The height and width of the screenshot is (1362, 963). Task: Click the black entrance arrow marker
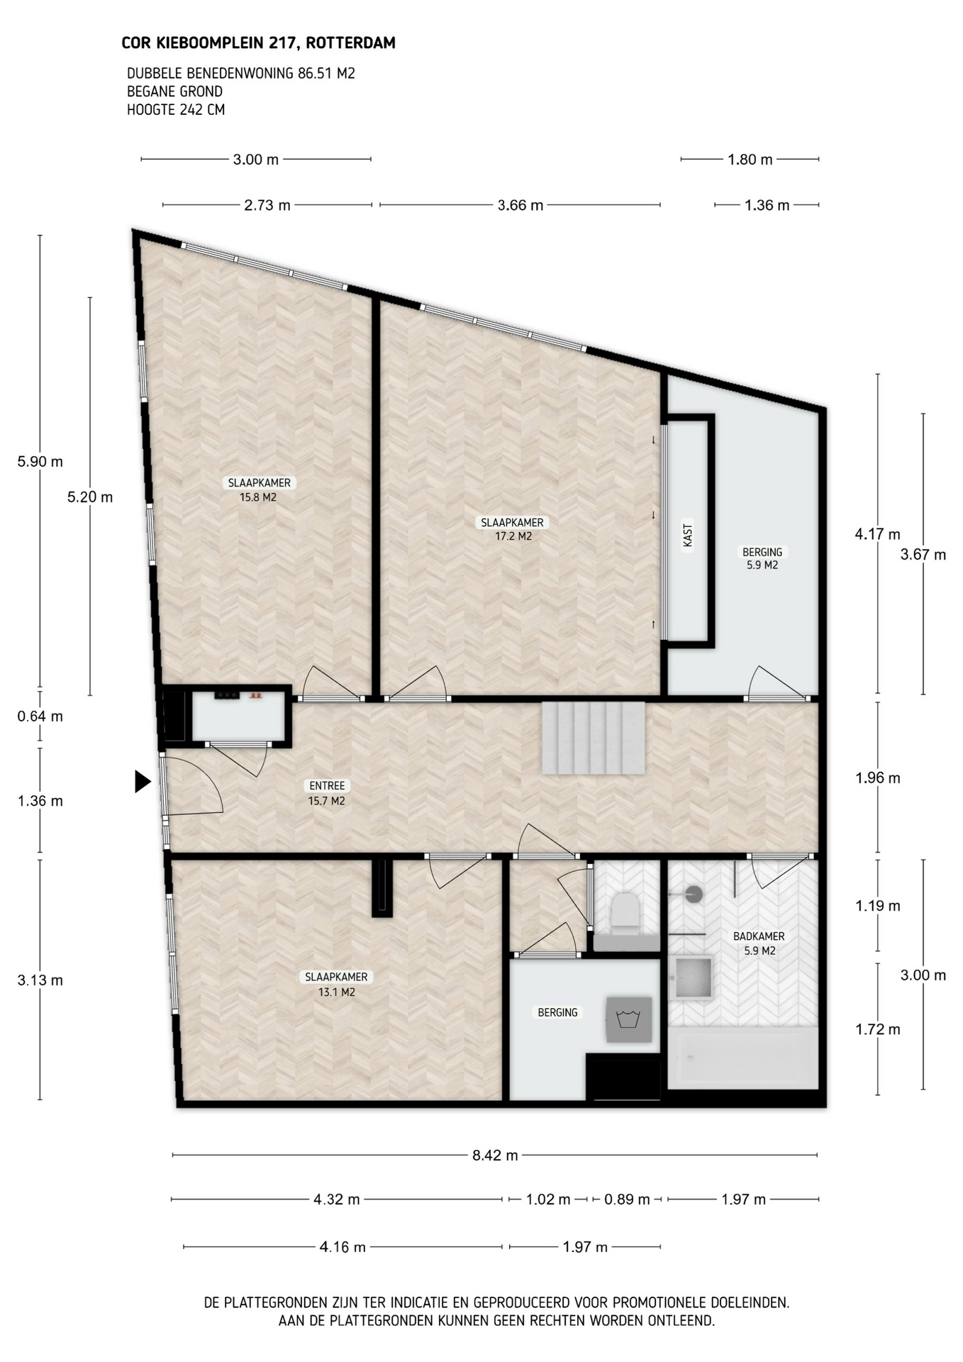(x=143, y=782)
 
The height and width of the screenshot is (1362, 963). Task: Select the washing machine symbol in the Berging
(x=628, y=1019)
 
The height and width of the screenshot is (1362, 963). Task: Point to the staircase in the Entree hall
(x=594, y=738)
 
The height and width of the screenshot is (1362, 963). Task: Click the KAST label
(x=687, y=535)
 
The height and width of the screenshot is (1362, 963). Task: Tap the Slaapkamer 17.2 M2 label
(x=513, y=529)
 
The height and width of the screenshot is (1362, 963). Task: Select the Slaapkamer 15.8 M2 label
(x=259, y=489)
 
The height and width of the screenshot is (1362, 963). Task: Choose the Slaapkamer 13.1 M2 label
(x=336, y=984)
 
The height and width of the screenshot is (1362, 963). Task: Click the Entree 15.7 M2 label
(x=327, y=793)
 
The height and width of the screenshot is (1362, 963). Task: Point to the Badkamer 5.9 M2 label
(x=759, y=943)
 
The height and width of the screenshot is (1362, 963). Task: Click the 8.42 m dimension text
(x=495, y=1155)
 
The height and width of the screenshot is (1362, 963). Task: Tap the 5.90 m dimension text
(x=40, y=462)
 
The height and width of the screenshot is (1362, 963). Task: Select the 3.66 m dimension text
(x=521, y=205)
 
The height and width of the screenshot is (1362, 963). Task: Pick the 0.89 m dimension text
(x=627, y=1200)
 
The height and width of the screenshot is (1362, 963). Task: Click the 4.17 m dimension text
(x=878, y=534)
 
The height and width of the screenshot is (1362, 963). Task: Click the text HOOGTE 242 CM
(x=176, y=110)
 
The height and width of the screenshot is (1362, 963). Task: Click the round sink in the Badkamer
(x=694, y=894)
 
